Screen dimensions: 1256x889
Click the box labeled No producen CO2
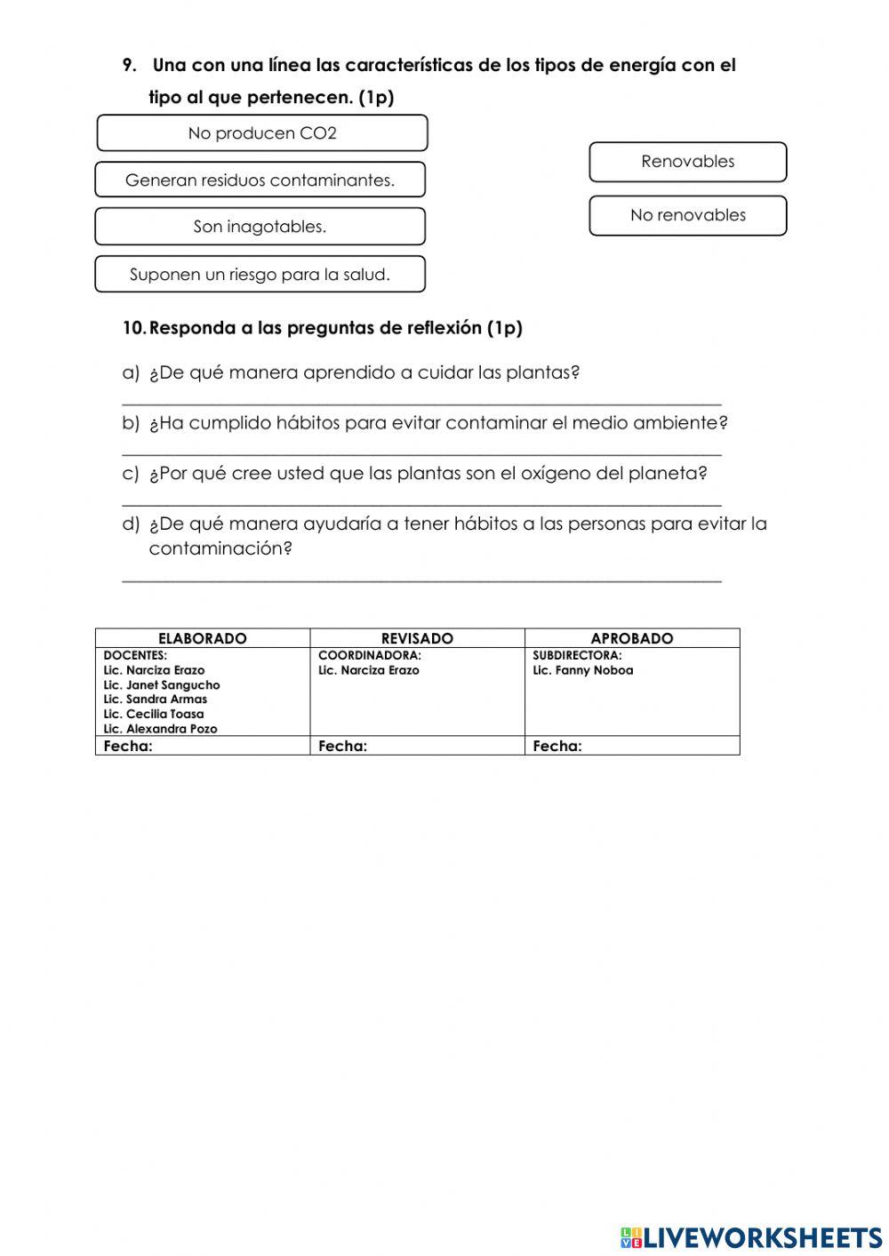tap(261, 133)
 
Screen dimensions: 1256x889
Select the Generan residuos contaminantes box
tap(260, 180)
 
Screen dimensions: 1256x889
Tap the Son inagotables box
tap(260, 227)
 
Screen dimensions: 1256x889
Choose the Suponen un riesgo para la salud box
tap(260, 275)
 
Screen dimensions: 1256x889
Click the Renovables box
tap(687, 162)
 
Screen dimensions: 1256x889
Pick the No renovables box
tap(687, 215)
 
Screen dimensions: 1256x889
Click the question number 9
tap(129, 66)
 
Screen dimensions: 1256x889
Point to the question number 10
tap(133, 328)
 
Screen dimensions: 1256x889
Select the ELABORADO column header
tap(203, 638)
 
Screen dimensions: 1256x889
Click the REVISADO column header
tap(417, 638)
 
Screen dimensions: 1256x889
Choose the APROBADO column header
tap(632, 638)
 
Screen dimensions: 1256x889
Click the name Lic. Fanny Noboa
tap(583, 670)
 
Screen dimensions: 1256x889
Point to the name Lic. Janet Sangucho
tap(162, 685)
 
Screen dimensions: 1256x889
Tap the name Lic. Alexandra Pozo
tap(160, 729)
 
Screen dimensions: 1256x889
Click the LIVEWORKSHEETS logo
tap(751, 1237)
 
